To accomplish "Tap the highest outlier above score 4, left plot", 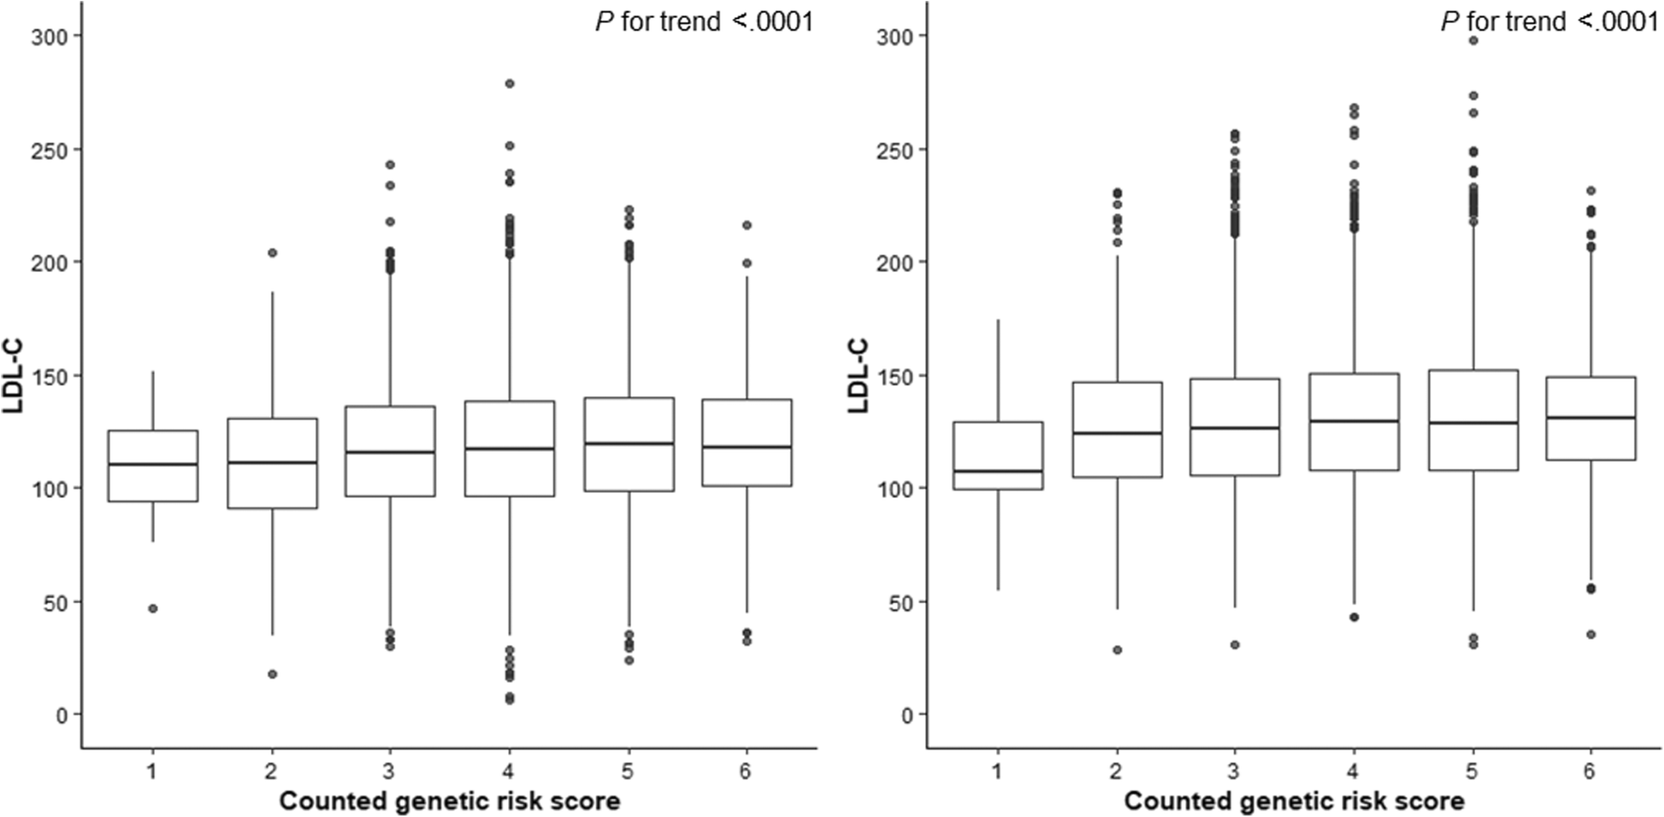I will pos(510,84).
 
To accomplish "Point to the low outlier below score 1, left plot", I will pos(153,608).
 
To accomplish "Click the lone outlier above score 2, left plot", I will pos(272,253).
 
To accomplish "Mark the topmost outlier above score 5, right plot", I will pos(1472,40).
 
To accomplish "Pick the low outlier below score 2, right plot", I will pos(1117,650).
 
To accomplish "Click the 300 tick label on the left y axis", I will pos(49,36).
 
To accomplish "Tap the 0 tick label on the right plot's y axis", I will pos(907,715).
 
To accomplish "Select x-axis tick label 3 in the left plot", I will pos(389,772).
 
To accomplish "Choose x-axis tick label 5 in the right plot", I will pos(1472,772).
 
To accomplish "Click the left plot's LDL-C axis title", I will pos(13,376).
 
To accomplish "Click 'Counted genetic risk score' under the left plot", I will pos(449,802).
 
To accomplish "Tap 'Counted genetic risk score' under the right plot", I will pos(1294,802).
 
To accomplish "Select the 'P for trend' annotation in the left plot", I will pos(704,21).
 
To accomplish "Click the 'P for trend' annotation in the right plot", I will pos(1549,21).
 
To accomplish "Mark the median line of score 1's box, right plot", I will pos(998,471).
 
